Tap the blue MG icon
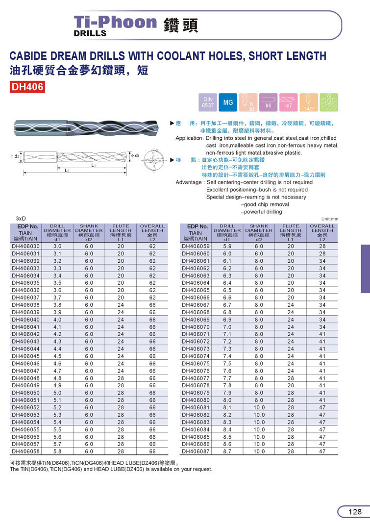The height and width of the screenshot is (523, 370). click(228, 102)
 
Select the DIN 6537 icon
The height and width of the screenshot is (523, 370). click(208, 102)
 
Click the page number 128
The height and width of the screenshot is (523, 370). click(355, 512)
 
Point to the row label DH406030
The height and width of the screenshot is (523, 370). click(25, 246)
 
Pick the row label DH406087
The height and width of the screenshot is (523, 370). click(196, 451)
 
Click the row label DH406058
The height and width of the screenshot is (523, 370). click(25, 451)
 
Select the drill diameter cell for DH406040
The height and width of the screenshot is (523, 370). click(57, 320)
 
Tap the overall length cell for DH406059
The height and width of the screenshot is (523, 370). click(322, 246)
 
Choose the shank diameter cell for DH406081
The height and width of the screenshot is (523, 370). click(259, 407)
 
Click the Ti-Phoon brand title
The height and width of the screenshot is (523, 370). click(115, 22)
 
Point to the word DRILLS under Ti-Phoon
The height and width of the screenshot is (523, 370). click(90, 33)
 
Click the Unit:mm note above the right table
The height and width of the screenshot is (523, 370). click(330, 219)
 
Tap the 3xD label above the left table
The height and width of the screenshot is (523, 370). click(21, 218)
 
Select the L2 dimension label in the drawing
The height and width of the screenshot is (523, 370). click(68, 170)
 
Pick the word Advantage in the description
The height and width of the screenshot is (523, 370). click(189, 182)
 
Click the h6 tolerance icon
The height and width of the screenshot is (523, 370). click(268, 102)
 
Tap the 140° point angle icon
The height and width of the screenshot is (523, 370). click(309, 102)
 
